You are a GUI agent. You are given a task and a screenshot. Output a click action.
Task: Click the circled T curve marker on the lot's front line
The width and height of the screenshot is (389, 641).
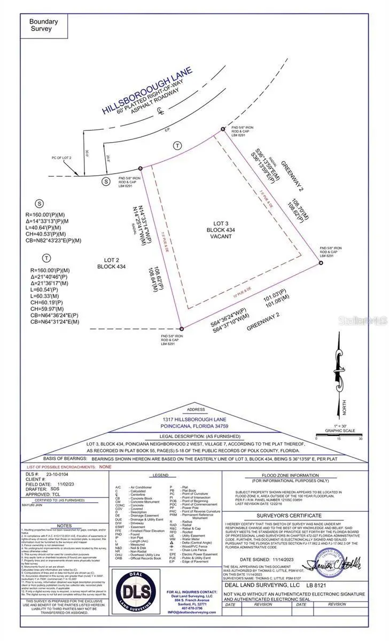pos(177,146)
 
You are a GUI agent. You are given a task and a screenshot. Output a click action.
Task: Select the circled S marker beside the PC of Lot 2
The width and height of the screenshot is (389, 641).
pos(106,182)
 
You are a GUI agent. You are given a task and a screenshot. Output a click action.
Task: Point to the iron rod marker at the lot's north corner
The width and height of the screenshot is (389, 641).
pos(223,129)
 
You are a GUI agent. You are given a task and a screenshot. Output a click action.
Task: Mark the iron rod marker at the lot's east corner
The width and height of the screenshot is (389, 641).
pos(321,263)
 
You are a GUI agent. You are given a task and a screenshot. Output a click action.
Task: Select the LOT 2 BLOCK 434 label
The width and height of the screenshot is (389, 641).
pos(111,262)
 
